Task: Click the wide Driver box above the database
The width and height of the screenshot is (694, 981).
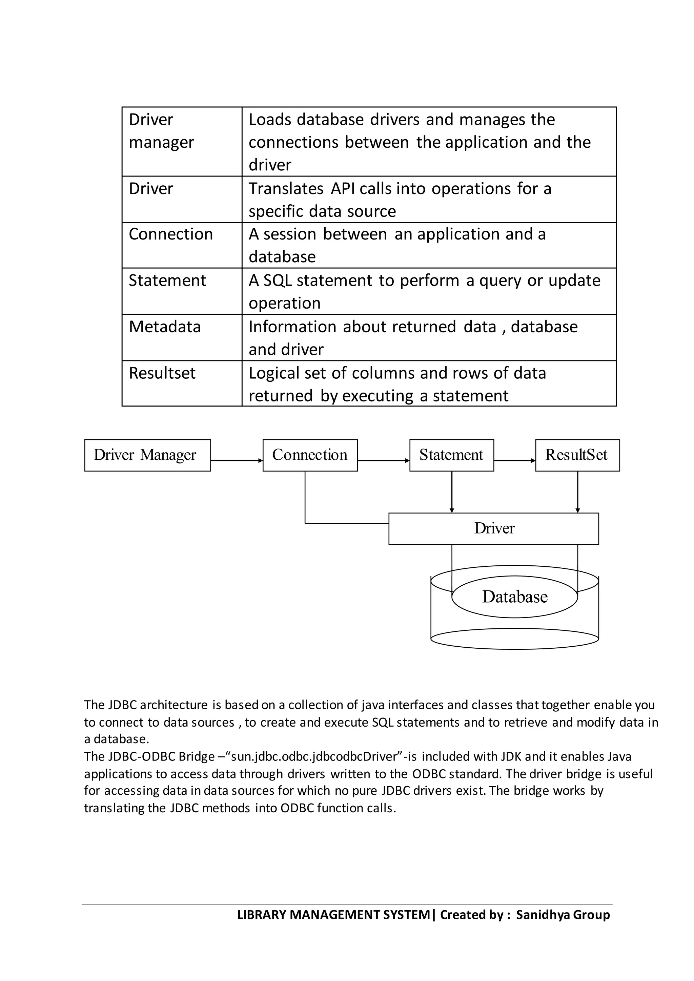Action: (494, 528)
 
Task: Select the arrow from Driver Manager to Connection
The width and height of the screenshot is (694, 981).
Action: (236, 461)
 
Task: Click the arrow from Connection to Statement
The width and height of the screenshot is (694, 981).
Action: (383, 461)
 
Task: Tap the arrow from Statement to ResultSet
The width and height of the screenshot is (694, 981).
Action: (514, 461)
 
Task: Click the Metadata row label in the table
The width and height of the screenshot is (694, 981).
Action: (165, 327)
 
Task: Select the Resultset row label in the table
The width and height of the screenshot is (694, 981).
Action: (162, 373)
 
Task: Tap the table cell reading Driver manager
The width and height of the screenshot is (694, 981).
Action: (162, 131)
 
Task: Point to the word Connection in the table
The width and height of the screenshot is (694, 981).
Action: (170, 234)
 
